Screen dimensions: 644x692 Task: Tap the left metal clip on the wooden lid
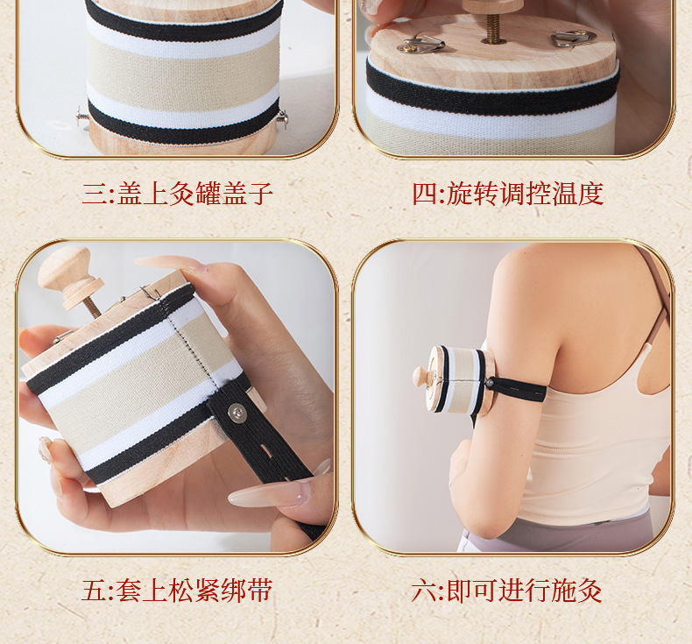421,44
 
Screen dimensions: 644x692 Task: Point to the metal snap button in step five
237,412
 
